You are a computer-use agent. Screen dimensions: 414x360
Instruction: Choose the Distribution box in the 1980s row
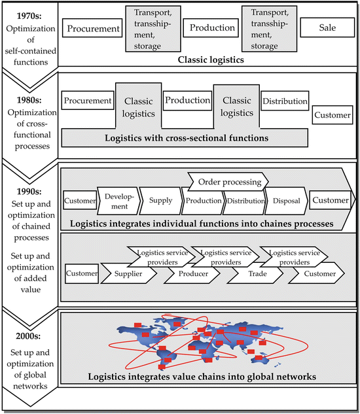coord(285,101)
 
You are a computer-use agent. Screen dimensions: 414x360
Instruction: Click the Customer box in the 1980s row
coord(332,115)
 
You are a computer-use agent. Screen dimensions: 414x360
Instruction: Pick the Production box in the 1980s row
coord(187,101)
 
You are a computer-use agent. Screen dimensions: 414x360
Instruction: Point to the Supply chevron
coord(160,199)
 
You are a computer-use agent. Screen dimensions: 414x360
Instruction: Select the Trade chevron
coord(255,273)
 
